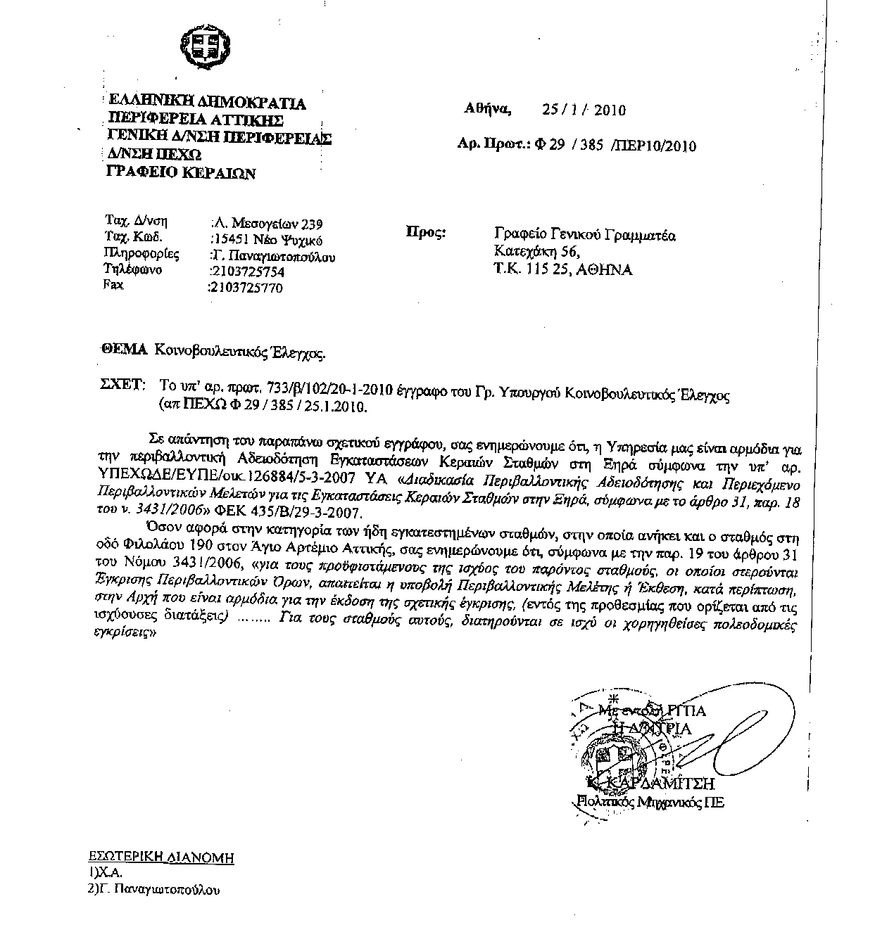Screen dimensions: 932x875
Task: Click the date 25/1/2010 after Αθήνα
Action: (584, 110)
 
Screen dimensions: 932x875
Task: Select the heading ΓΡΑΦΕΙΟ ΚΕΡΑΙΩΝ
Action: (181, 173)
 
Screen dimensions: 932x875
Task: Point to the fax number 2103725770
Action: (246, 287)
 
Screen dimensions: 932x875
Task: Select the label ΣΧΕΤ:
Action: (124, 385)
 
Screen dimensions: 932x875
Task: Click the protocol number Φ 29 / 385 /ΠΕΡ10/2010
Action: (615, 146)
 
